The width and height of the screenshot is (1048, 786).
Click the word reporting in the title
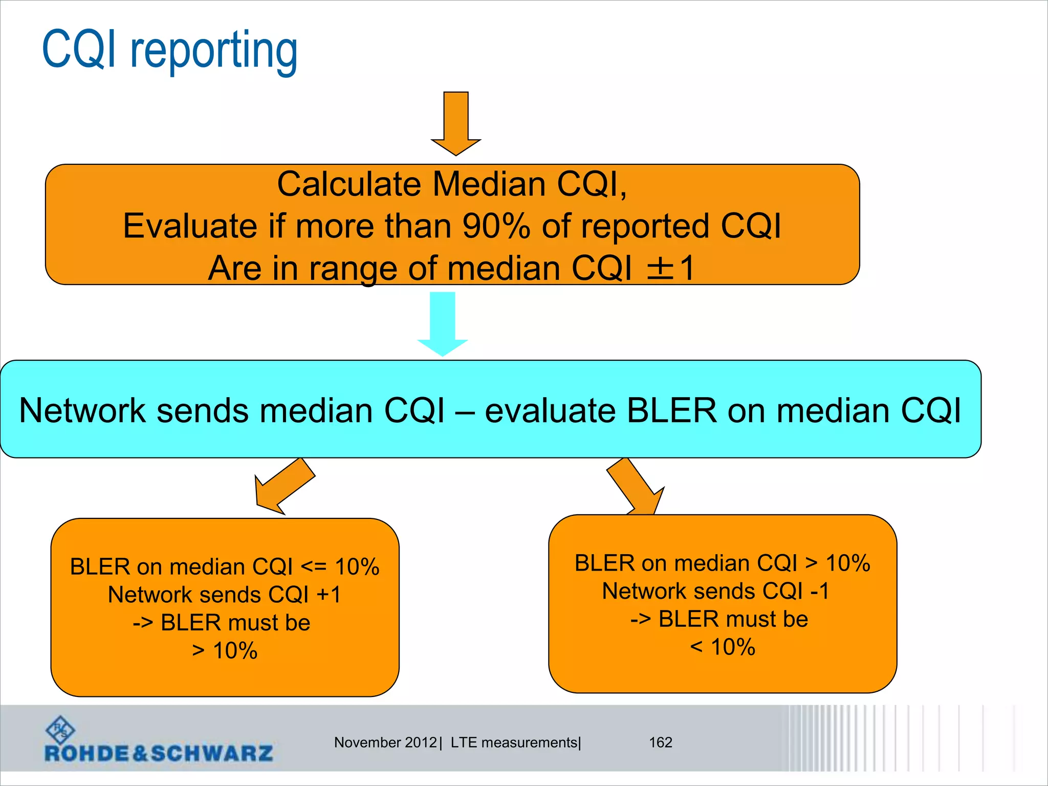tap(214, 51)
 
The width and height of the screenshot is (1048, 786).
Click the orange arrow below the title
tap(456, 123)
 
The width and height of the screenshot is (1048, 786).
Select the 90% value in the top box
tap(496, 226)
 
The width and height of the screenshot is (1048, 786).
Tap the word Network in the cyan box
tap(82, 410)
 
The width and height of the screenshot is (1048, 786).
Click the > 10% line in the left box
tap(225, 651)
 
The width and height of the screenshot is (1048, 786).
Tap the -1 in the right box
tap(820, 591)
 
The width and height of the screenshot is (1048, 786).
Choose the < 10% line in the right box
tap(723, 647)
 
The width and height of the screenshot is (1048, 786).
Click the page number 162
tap(660, 742)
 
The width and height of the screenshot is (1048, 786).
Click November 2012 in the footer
tap(385, 742)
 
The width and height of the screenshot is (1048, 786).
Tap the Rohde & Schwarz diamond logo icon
tap(60, 730)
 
